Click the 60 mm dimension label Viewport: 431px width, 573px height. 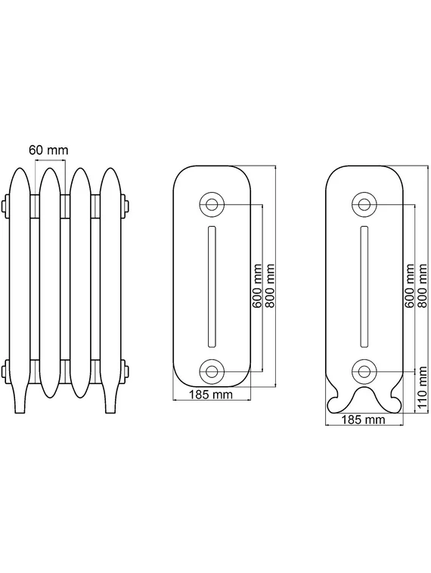[x=48, y=150]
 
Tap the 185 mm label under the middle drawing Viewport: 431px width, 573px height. [x=211, y=395]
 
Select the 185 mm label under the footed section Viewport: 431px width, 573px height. [x=364, y=419]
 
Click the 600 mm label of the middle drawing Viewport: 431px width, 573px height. [x=257, y=286]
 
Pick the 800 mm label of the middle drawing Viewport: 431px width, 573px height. [x=270, y=286]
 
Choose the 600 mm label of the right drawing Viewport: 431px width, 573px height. [x=409, y=286]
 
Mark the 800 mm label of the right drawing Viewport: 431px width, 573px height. [x=422, y=286]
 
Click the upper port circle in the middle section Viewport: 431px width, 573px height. [x=211, y=204]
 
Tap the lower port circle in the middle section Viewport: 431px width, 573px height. [x=211, y=371]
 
